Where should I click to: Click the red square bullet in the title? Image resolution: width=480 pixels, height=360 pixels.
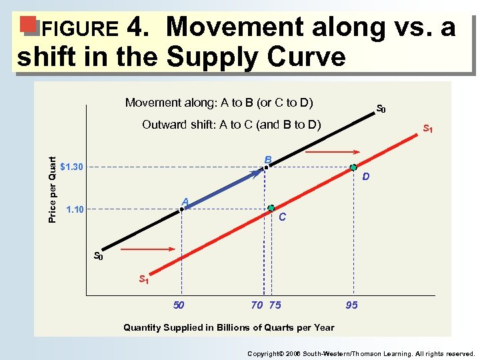click(27, 24)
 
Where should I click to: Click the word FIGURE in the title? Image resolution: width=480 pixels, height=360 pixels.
click(79, 29)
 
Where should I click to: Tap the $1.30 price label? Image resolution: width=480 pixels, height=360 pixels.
click(73, 167)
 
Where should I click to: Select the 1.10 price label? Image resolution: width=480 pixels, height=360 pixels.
click(75, 210)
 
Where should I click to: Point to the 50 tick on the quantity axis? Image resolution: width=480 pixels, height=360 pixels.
click(179, 305)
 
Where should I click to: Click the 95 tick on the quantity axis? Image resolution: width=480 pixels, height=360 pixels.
click(351, 305)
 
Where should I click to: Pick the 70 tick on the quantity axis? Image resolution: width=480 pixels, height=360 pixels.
click(257, 305)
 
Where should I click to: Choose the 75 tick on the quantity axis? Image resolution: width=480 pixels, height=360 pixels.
click(275, 305)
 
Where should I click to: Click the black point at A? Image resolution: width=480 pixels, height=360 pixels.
click(181, 209)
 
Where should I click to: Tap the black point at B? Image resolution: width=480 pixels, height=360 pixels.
click(265, 167)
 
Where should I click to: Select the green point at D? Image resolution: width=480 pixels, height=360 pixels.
click(354, 167)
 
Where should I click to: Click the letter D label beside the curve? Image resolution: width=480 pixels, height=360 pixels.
click(366, 177)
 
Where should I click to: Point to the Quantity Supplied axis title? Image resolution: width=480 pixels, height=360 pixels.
click(229, 327)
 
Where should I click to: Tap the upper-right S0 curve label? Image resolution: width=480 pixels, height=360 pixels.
click(381, 109)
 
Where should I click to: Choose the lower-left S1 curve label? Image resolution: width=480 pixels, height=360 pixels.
click(143, 279)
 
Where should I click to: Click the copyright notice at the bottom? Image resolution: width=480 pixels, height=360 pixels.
click(361, 354)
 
